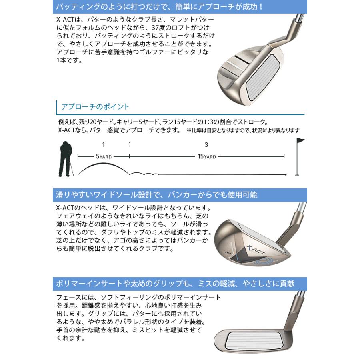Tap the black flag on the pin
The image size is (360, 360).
(300, 141)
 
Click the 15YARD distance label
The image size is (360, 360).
(207, 157)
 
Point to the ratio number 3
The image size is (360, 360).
(206, 144)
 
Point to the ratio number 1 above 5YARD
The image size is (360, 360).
(103, 144)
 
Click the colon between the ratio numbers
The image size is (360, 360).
(129, 144)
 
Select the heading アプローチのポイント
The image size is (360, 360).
(95, 106)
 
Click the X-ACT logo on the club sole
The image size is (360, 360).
(249, 248)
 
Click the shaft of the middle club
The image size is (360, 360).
(298, 214)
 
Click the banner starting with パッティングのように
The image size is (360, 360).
(180, 7)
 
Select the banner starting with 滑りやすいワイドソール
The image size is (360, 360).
(180, 195)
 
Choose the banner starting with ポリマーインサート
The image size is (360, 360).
(180, 284)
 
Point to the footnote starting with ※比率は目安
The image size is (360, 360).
(243, 130)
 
